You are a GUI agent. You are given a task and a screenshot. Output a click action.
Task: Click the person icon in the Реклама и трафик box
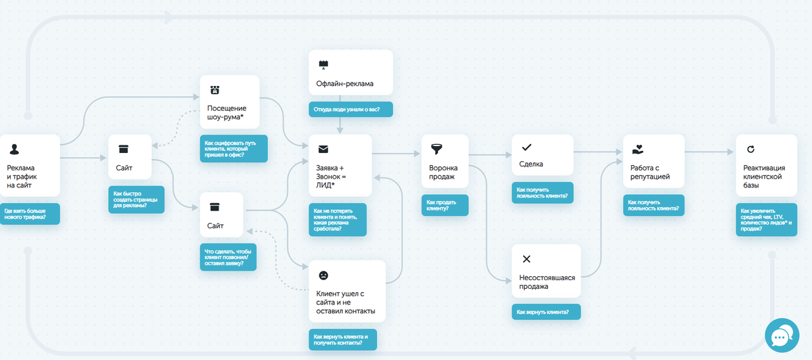pos(14,150)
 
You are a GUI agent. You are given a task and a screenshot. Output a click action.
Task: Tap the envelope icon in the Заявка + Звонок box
pos(323,149)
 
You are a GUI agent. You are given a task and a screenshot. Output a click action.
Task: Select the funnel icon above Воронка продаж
pos(436,149)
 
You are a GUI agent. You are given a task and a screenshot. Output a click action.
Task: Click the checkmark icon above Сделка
pos(526,148)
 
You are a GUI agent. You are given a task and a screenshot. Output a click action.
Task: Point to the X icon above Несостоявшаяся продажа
pos(526,259)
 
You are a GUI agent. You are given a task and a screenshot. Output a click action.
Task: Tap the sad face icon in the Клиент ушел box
pos(323,275)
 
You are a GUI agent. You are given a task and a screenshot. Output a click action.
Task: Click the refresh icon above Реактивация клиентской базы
pos(750,149)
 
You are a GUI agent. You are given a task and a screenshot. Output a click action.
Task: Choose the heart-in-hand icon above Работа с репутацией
pos(637,150)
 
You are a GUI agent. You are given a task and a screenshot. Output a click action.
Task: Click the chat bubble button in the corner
pos(782,336)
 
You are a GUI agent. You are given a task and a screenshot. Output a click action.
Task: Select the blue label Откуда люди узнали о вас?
pos(351,109)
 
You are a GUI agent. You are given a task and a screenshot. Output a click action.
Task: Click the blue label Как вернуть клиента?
pos(546,312)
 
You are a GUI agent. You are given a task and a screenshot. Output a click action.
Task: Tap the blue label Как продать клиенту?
pos(445,205)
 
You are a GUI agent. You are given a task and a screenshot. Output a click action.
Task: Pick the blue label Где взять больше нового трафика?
pos(30,214)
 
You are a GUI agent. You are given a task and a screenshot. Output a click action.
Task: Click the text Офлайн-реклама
pos(344,84)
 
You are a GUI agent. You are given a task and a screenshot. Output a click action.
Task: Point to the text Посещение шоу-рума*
pos(227,112)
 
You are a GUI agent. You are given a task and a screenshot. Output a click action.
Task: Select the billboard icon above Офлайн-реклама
pos(323,65)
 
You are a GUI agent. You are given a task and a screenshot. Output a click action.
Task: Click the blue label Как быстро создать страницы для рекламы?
pos(136,200)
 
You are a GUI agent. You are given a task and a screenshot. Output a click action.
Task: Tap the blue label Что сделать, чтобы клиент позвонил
pos(228,257)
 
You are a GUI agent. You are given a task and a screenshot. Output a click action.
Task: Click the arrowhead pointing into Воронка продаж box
pos(418,154)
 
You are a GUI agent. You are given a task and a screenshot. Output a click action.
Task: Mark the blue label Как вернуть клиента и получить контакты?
pos(342,340)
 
